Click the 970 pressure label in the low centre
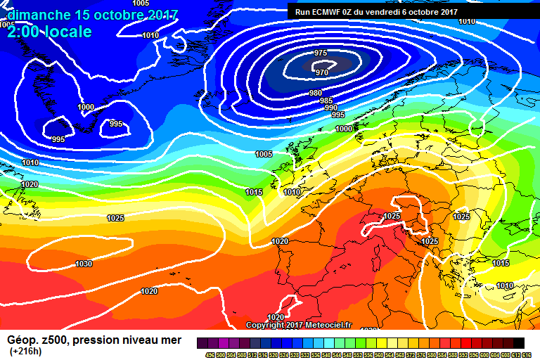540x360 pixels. coord(323,72)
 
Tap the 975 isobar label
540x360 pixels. coord(321,53)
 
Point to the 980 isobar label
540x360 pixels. coord(316,94)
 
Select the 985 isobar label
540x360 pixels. coord(326,101)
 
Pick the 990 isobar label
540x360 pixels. coord(331,108)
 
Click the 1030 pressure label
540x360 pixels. coord(83,264)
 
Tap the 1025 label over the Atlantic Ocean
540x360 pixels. coord(115,218)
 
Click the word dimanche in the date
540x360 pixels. coord(39,14)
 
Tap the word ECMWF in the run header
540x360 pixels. coord(329,12)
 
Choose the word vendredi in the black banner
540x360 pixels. coord(395,12)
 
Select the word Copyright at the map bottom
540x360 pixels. coord(266,325)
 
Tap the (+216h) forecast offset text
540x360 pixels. coord(25,351)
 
